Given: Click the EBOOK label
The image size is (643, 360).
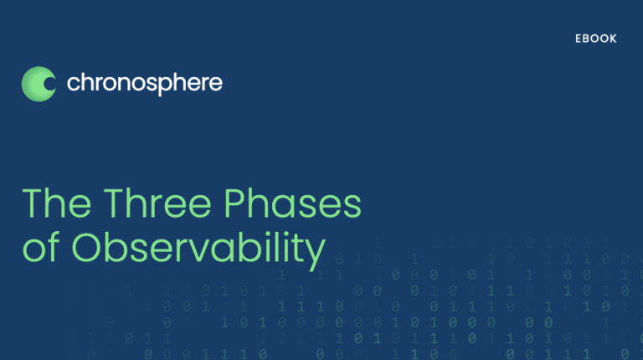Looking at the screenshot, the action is click(x=596, y=39).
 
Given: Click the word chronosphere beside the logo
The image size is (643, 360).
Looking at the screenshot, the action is click(x=145, y=84).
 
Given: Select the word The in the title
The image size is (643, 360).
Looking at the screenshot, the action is click(x=57, y=203).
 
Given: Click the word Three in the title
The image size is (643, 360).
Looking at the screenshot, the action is click(x=157, y=203).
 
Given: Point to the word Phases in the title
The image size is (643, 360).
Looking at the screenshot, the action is click(x=293, y=203).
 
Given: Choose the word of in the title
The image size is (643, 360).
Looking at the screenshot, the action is click(x=41, y=247).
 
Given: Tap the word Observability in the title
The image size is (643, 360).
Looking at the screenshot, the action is click(x=199, y=250).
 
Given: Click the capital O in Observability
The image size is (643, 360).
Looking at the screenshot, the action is click(x=87, y=248).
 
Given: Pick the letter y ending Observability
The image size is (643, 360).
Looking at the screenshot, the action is click(x=315, y=255).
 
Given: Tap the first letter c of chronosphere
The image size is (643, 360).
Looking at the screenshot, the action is click(x=73, y=84).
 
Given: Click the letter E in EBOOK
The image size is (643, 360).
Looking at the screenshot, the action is click(x=579, y=39).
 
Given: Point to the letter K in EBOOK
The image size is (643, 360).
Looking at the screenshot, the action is click(x=613, y=39).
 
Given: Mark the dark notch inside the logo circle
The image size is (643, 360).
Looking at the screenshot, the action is click(x=49, y=84).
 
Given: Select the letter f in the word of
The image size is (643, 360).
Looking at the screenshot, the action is click(x=54, y=247).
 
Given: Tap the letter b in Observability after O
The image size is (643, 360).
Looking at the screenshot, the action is click(x=116, y=247).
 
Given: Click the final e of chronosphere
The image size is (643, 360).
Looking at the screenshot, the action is click(x=216, y=84).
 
